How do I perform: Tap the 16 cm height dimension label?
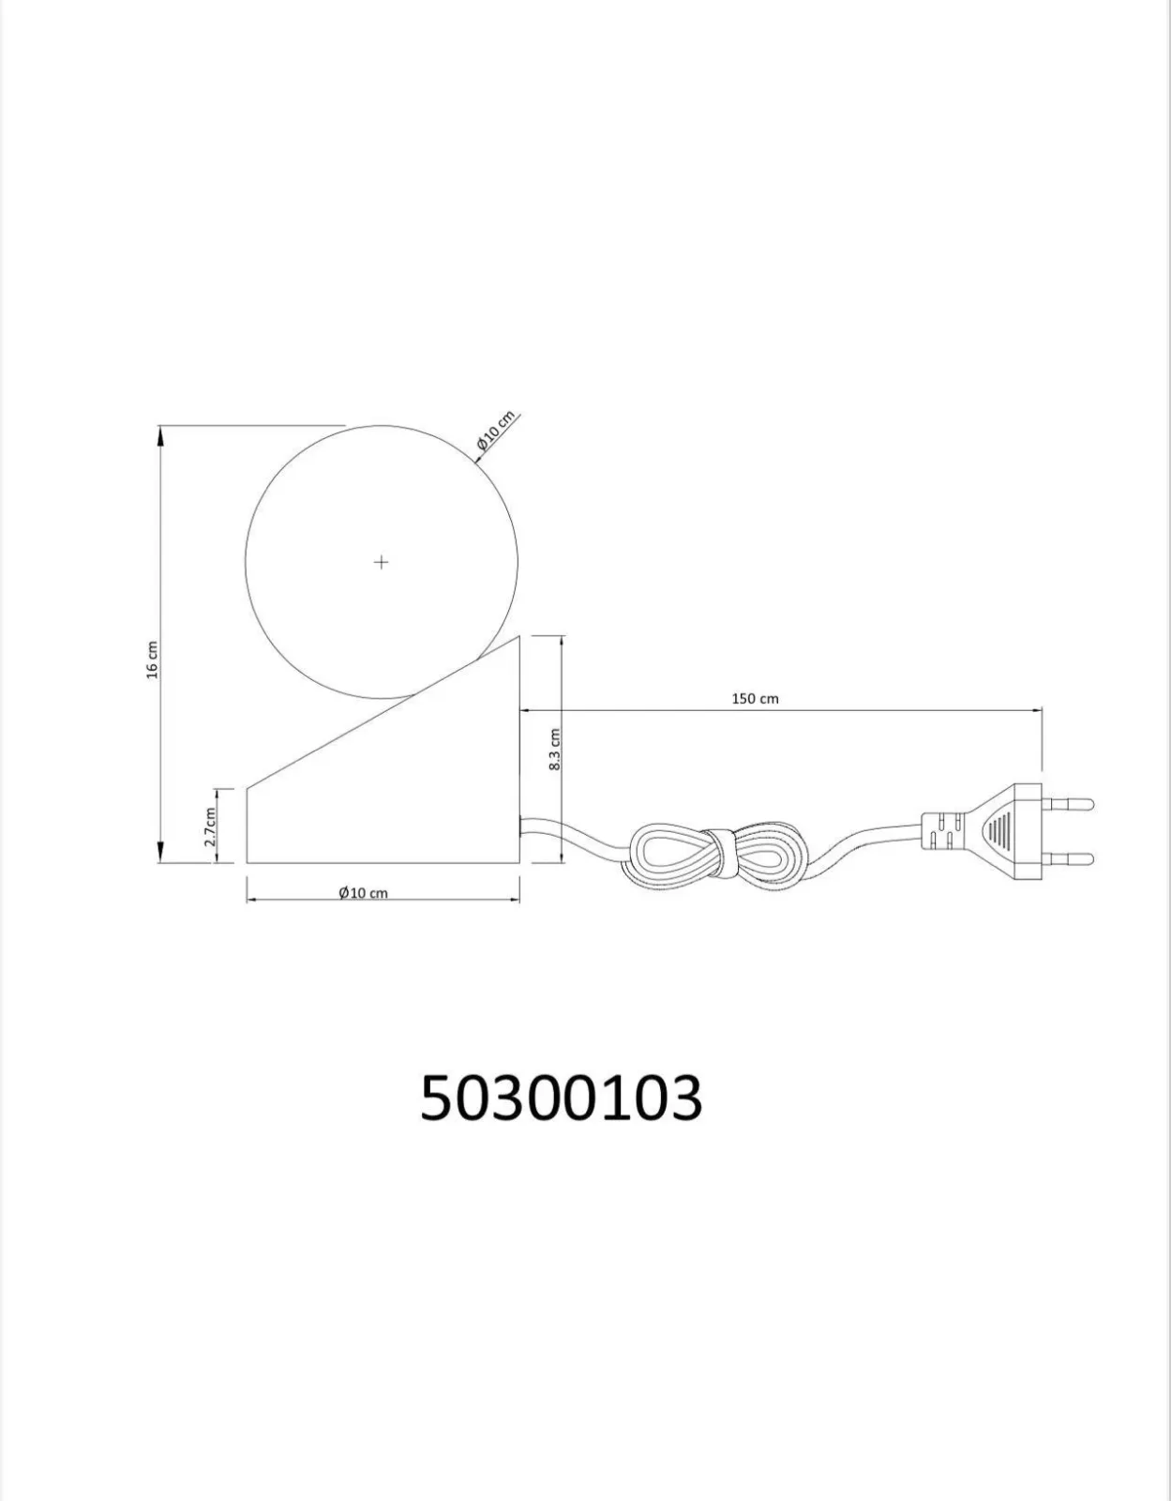[153, 660]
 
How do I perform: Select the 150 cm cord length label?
[755, 698]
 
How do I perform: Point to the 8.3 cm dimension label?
[555, 750]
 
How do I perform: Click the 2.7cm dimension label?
[211, 826]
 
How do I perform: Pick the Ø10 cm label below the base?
[363, 893]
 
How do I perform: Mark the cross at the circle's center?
[381, 562]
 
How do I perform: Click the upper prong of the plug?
[1068, 803]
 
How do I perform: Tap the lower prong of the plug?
[1068, 858]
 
